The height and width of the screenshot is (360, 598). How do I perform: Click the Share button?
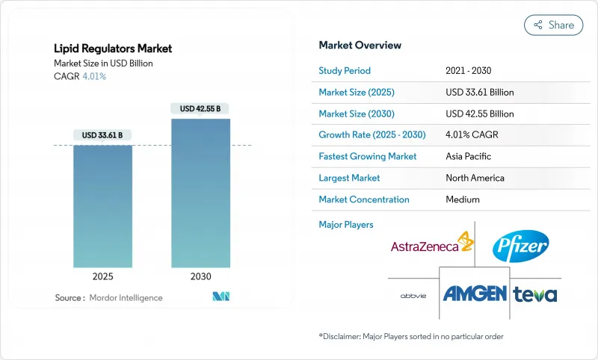click(x=554, y=25)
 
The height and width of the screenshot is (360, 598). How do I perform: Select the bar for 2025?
click(x=102, y=205)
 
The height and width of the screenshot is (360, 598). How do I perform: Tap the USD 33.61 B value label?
click(x=102, y=135)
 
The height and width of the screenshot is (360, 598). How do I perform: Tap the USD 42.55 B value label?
click(x=200, y=109)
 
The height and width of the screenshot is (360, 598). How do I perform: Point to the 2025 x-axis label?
click(x=102, y=276)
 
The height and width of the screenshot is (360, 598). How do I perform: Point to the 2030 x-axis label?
click(x=200, y=276)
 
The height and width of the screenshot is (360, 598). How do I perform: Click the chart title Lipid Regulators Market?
click(x=113, y=49)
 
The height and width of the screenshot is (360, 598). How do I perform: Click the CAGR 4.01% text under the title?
click(x=81, y=76)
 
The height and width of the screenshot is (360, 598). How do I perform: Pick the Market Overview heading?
click(x=360, y=46)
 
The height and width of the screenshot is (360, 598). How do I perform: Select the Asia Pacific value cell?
click(x=468, y=157)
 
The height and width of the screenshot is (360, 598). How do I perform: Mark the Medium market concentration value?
click(x=463, y=199)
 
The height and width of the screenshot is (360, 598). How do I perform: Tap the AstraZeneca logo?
click(x=431, y=246)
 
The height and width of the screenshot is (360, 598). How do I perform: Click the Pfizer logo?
click(x=520, y=246)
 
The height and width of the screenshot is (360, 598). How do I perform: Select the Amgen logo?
click(x=475, y=293)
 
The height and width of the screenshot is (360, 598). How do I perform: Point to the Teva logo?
click(x=535, y=294)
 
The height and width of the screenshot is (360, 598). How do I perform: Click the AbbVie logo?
click(x=413, y=294)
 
